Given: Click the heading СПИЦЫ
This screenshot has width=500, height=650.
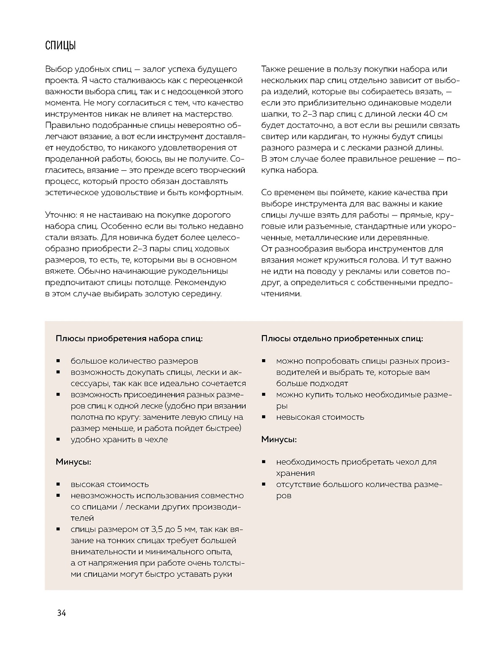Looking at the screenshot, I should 60,46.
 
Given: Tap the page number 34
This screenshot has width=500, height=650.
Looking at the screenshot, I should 62,613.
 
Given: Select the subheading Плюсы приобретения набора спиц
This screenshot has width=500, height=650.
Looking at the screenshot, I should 129,338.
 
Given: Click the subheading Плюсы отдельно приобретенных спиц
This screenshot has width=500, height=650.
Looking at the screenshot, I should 342,338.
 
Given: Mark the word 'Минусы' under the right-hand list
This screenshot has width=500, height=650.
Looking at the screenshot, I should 278,440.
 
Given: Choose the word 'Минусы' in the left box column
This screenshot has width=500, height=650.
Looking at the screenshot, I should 73,462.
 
